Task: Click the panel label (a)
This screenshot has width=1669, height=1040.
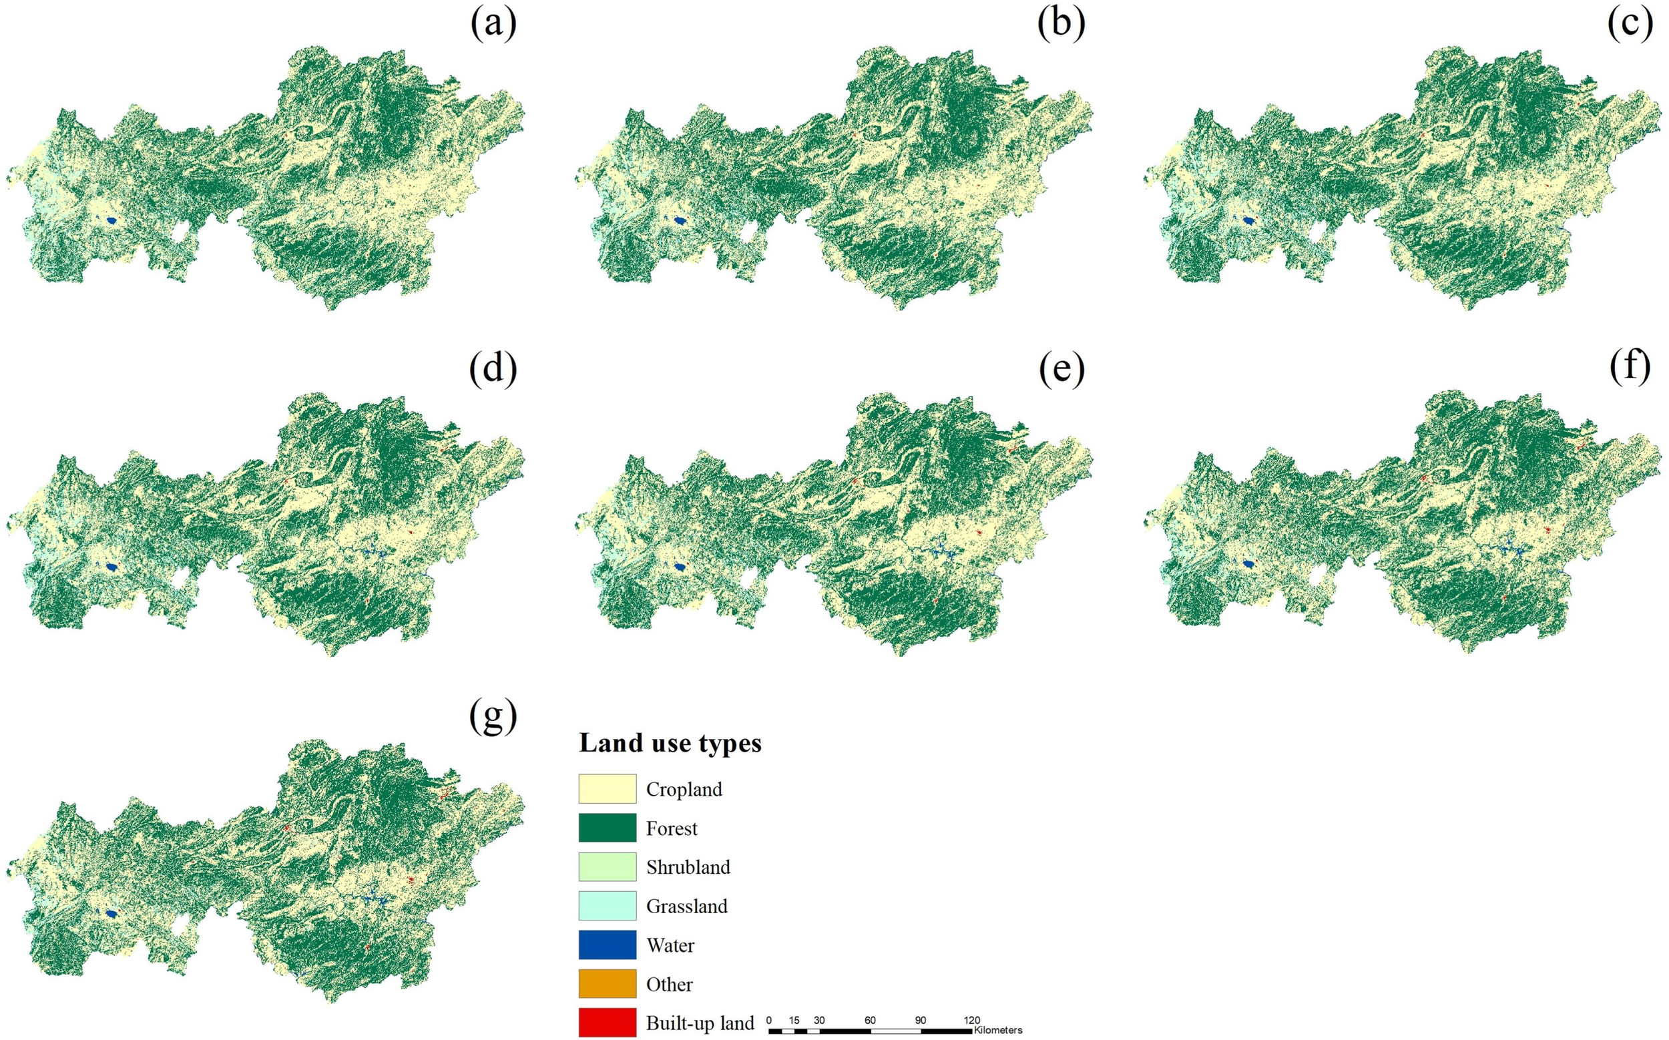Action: pos(493,25)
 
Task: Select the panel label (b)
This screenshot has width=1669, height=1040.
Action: pos(1061,25)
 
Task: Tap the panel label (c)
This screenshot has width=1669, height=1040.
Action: pos(1629,25)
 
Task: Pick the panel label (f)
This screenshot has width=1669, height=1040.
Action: pos(1629,368)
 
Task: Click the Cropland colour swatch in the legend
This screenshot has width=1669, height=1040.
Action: pos(607,789)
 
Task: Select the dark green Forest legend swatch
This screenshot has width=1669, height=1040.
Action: pos(607,828)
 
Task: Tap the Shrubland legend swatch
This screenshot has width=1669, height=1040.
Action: pos(607,866)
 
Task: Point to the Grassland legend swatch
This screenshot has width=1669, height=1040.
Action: pos(607,906)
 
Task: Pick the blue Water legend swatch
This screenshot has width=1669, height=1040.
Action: pos(607,945)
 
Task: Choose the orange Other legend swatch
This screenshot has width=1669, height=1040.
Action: pos(607,984)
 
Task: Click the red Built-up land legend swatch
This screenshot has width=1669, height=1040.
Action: pos(607,1023)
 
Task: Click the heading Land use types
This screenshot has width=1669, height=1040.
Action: pos(670,744)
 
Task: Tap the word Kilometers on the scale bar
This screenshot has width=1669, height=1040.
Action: pos(997,1031)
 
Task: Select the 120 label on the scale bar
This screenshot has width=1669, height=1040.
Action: pos(971,1020)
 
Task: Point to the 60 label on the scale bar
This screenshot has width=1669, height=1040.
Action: pos(870,1020)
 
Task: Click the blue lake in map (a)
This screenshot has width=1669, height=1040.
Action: pos(111,221)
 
